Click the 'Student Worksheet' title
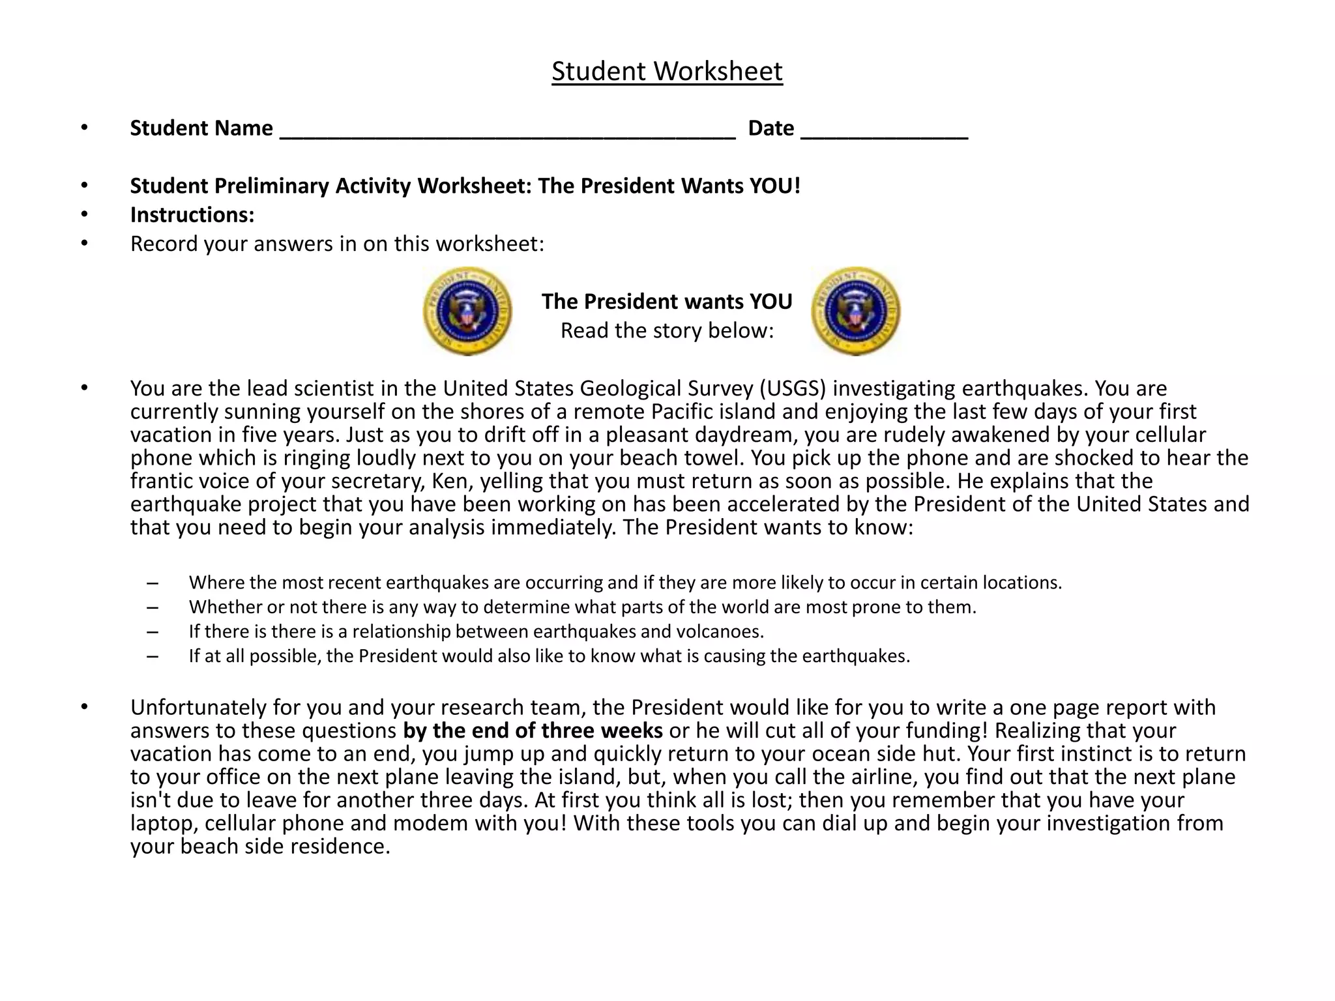tap(667, 71)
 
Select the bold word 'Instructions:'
tap(192, 214)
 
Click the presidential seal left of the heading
tap(467, 311)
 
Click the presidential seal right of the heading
tap(856, 311)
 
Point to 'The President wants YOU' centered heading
tap(667, 301)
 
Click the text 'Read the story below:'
tap(667, 330)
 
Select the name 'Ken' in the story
tap(447, 481)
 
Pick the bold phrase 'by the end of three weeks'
tap(533, 731)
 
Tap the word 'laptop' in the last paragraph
tap(163, 823)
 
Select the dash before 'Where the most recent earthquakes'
tap(153, 583)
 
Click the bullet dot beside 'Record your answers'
tap(84, 244)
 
